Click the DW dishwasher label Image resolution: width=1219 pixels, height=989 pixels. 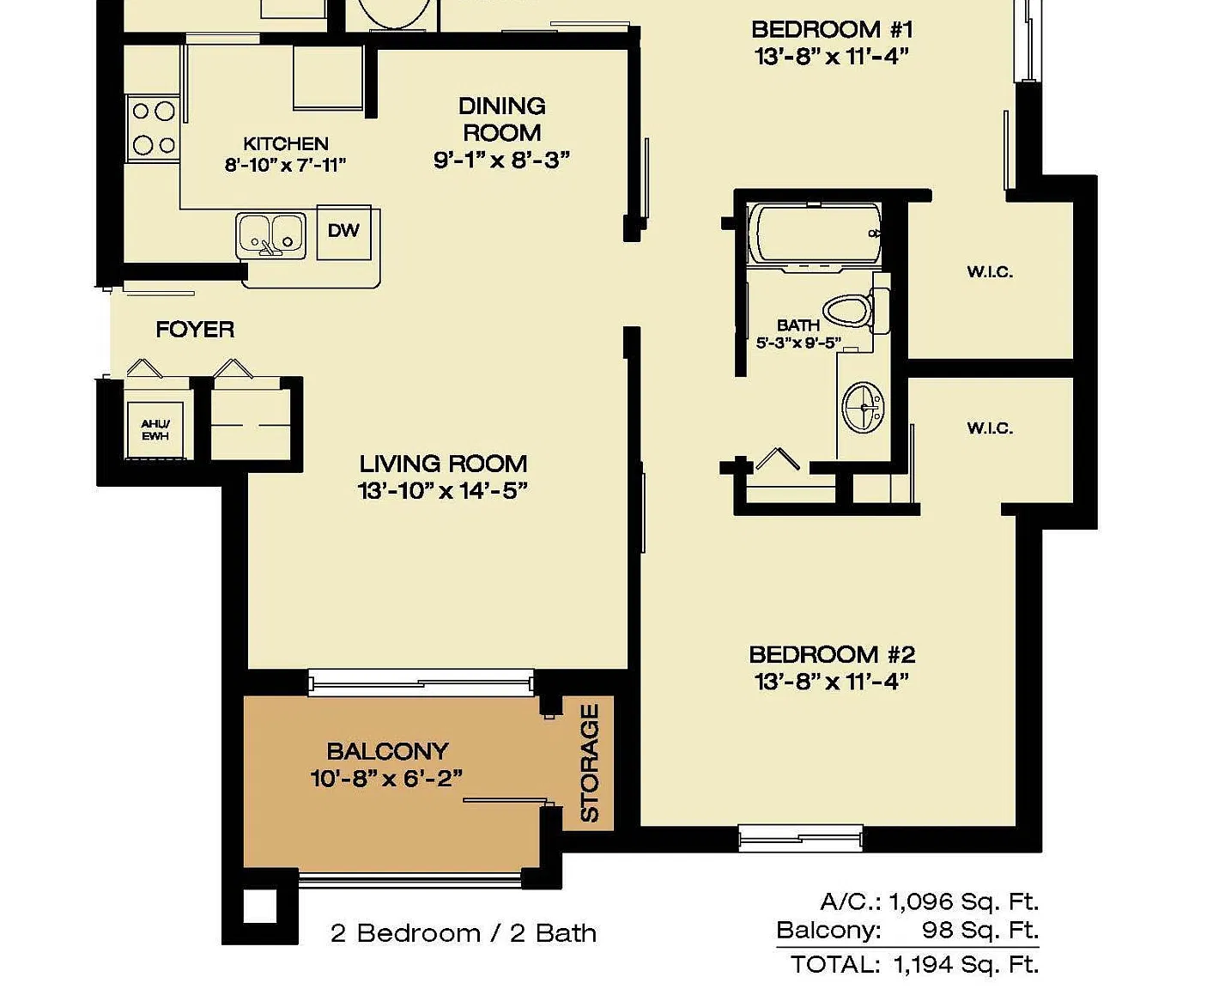pyautogui.click(x=343, y=231)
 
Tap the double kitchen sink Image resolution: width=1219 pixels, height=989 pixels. pyautogui.click(x=270, y=236)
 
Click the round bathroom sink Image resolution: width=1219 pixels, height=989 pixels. pyautogui.click(x=863, y=406)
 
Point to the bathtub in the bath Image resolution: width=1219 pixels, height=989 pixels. pyautogui.click(x=815, y=234)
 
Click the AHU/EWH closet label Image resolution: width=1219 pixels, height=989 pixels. pyautogui.click(x=155, y=430)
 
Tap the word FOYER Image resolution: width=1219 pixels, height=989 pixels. pyautogui.click(x=195, y=330)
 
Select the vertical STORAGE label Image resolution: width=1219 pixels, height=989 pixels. pyautogui.click(x=590, y=763)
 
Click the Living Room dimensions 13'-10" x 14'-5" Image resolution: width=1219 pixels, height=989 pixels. pyautogui.click(x=442, y=491)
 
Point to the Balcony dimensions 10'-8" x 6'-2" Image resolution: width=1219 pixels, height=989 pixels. pyautogui.click(x=386, y=779)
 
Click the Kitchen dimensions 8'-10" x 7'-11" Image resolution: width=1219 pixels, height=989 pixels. pyautogui.click(x=286, y=166)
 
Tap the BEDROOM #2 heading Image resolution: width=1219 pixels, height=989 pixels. pyautogui.click(x=832, y=655)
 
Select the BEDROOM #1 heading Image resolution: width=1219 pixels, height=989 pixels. pyautogui.click(x=832, y=29)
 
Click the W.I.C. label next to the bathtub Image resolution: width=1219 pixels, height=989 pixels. pyautogui.click(x=990, y=272)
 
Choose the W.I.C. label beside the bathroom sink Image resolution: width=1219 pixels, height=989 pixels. pyautogui.click(x=990, y=428)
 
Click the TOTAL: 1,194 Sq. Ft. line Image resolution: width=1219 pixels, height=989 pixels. pyautogui.click(x=914, y=965)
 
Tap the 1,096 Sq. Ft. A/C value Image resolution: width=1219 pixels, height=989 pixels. pyautogui.click(x=964, y=902)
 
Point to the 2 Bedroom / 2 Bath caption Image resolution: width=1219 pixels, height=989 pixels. pyautogui.click(x=464, y=933)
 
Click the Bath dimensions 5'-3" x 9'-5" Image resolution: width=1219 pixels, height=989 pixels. pyautogui.click(x=798, y=343)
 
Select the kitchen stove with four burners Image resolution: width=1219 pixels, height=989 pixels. pyautogui.click(x=153, y=128)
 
